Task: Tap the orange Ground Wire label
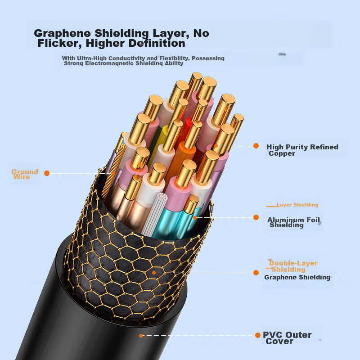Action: click(24, 174)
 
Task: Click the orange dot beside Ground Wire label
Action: click(46, 173)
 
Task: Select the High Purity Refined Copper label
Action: click(301, 150)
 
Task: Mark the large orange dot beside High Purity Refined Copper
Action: click(256, 146)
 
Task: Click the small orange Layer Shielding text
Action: click(297, 205)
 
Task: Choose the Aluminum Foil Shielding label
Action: click(294, 222)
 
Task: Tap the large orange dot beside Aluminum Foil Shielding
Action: click(256, 217)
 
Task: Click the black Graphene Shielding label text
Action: click(297, 277)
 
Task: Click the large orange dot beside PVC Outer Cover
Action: click(258, 335)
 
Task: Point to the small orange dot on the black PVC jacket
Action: click(141, 335)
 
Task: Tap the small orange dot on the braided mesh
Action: click(154, 272)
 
